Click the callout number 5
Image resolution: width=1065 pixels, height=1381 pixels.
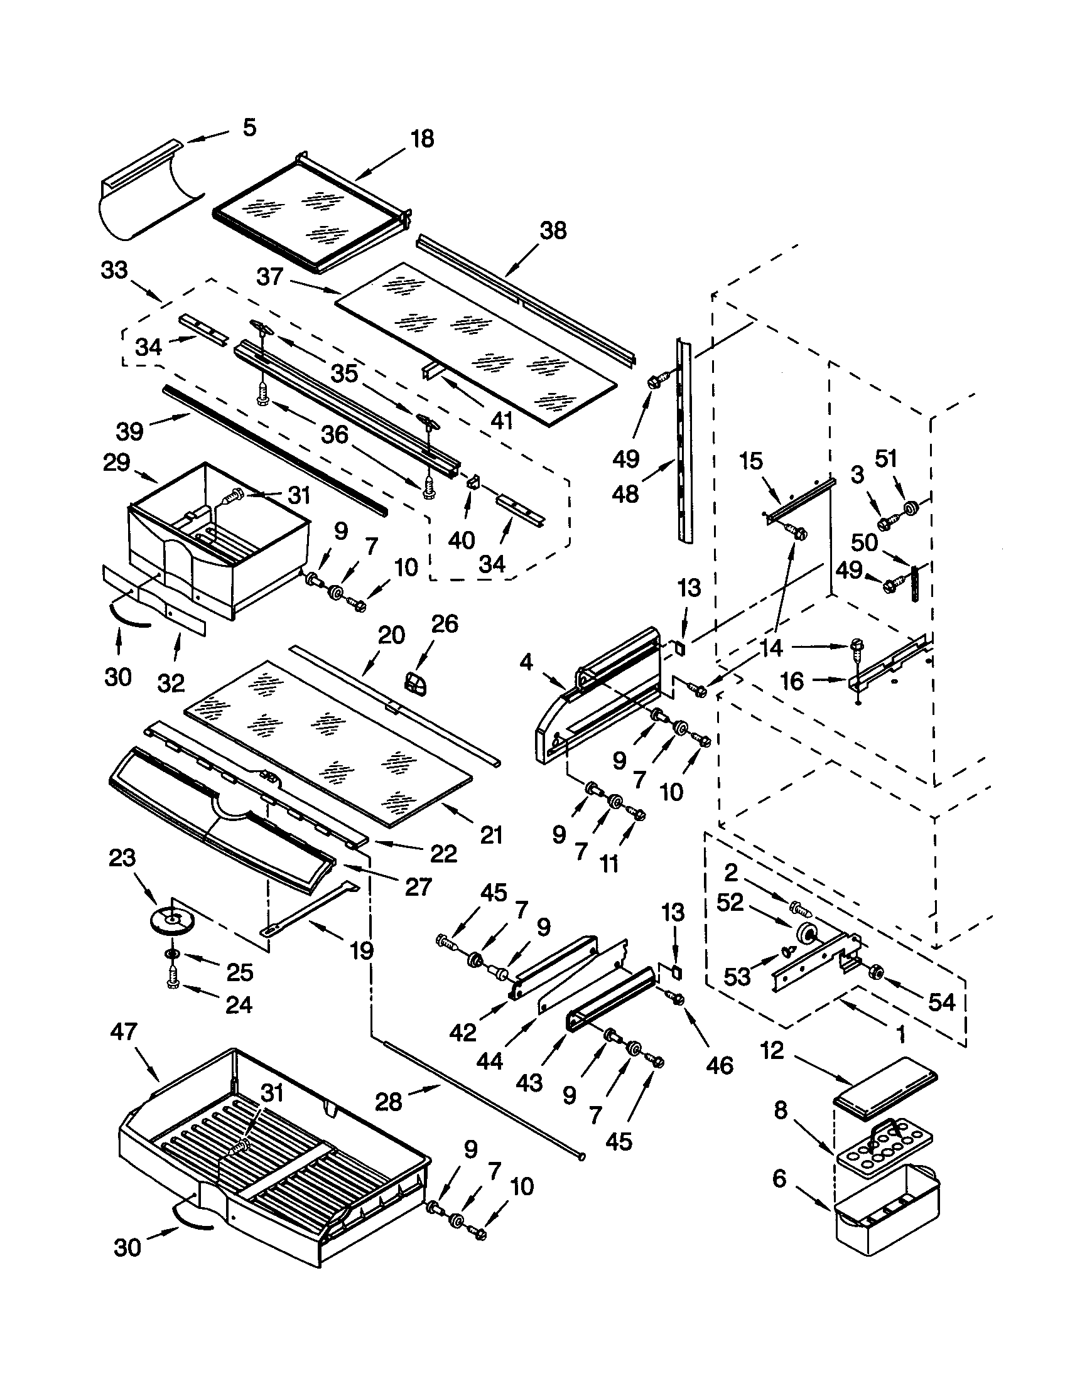[x=250, y=127]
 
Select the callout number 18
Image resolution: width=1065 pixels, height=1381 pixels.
[x=423, y=139]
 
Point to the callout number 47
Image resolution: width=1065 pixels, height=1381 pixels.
[x=123, y=1031]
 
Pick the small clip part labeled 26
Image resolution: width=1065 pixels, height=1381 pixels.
[x=415, y=683]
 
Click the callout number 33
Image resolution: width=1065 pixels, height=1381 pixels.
[x=114, y=270]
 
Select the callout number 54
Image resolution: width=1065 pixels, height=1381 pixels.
[x=941, y=1002]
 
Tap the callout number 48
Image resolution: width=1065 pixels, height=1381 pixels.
[x=625, y=494]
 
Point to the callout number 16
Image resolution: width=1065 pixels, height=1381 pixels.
[x=792, y=681]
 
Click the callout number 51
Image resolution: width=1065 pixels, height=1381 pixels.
[x=885, y=458]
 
